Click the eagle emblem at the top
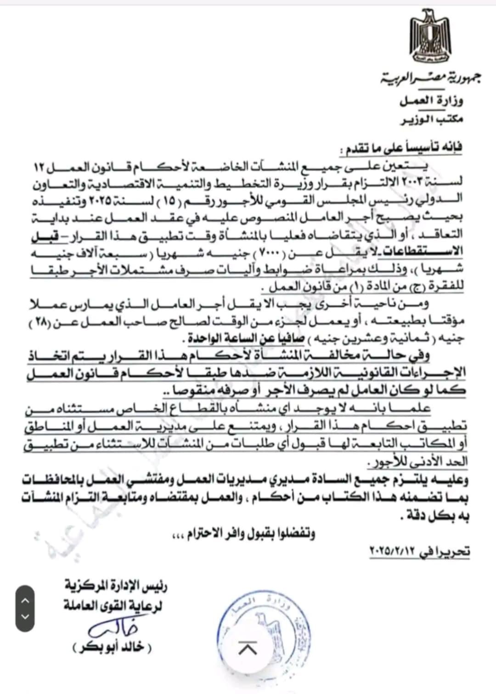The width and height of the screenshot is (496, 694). tap(430, 41)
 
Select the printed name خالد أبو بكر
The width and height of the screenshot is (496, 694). tap(112, 648)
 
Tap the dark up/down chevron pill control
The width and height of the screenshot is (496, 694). tap(25, 608)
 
